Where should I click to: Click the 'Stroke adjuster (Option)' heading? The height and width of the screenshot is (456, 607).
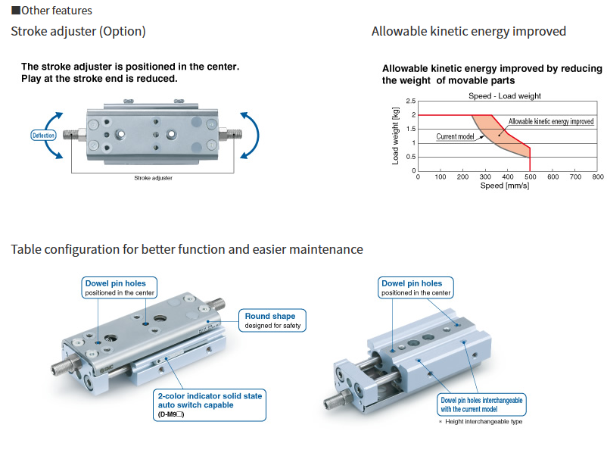(x=78, y=32)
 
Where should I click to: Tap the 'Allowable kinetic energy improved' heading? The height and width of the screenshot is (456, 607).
(x=468, y=32)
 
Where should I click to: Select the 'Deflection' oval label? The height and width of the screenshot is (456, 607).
(x=44, y=136)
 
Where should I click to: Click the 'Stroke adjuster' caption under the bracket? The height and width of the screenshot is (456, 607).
(x=153, y=178)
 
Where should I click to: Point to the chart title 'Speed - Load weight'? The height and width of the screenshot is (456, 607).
(x=505, y=96)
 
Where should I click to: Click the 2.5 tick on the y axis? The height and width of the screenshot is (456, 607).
(x=410, y=101)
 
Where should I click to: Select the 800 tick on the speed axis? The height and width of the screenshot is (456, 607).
(x=597, y=177)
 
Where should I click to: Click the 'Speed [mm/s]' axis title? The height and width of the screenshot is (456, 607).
(x=505, y=186)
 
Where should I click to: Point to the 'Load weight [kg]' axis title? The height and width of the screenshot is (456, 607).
(x=395, y=136)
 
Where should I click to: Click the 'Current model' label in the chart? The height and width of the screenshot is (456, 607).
(x=455, y=137)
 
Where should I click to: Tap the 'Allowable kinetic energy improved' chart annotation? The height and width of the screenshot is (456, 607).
(x=551, y=121)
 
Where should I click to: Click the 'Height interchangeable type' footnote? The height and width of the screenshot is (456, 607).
(x=481, y=422)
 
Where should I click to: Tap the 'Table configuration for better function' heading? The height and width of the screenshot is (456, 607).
(x=187, y=250)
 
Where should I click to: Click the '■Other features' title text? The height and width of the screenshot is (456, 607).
(x=51, y=11)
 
